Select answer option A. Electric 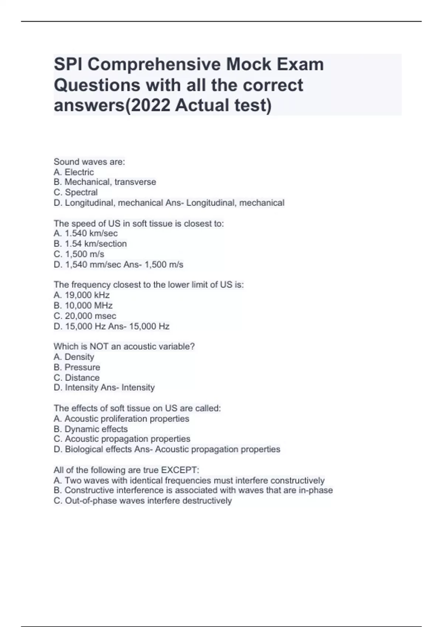tap(74, 172)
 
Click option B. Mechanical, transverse tap(105, 182)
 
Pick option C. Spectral tap(76, 192)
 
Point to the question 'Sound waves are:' tap(89, 162)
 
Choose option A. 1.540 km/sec tap(86, 233)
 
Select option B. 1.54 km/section tap(90, 243)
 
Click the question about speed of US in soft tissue tap(139, 223)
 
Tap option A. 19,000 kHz tap(82, 295)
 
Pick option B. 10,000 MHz tap(83, 305)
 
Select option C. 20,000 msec tap(85, 316)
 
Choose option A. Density tap(74, 357)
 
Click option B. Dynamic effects tap(90, 429)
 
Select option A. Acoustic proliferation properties tap(121, 419)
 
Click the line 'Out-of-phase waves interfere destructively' tap(143, 500)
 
